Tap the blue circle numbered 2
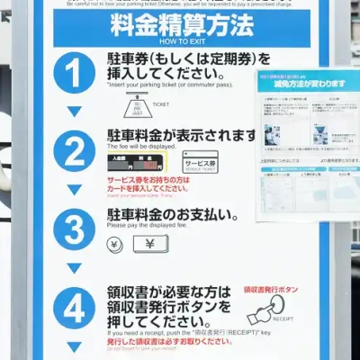[74, 150]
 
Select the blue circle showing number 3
[74, 229]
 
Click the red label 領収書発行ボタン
[270, 290]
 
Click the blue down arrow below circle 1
[74, 112]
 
